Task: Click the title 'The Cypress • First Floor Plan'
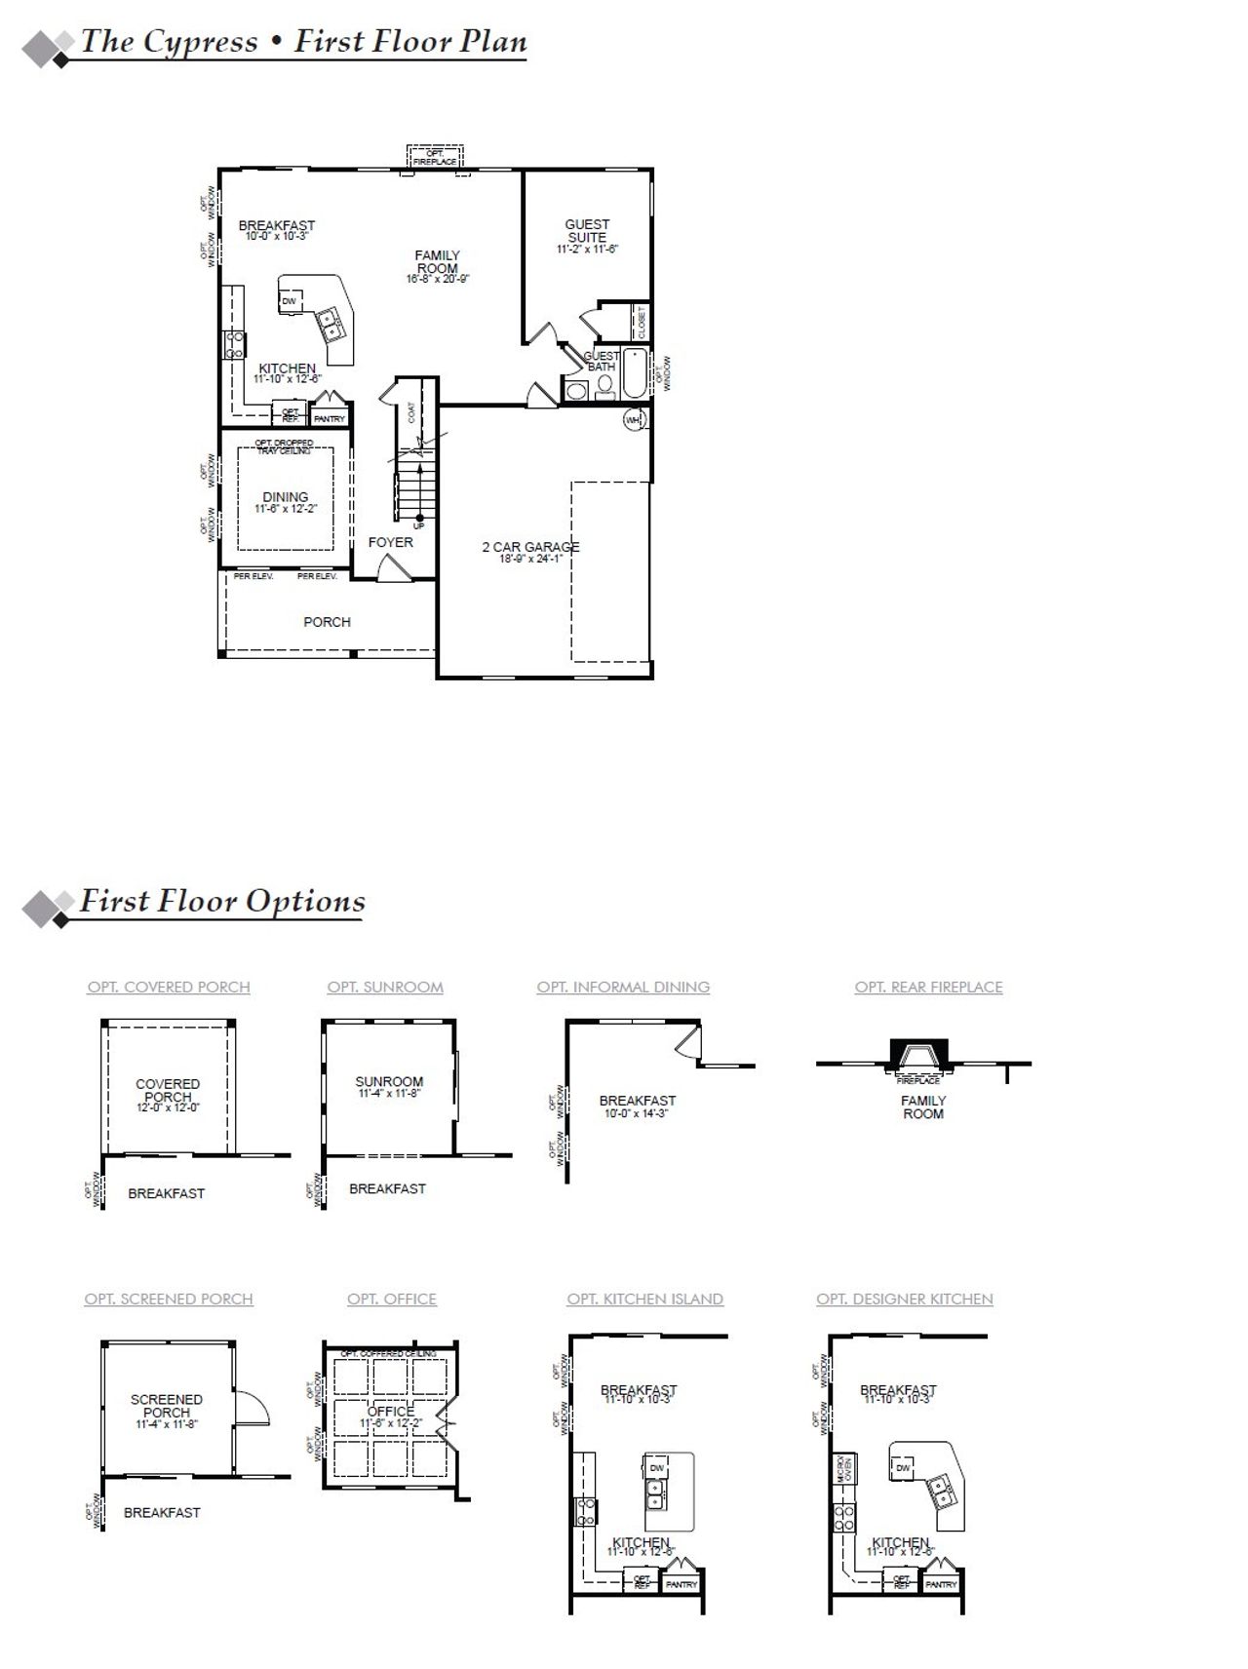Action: [303, 42]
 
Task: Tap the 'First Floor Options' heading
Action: [222, 901]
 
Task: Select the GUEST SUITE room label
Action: [587, 231]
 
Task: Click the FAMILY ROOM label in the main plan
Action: [437, 262]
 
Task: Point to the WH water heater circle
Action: [634, 421]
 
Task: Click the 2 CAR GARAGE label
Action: [530, 547]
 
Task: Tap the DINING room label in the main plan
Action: [285, 497]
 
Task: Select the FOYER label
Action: [390, 542]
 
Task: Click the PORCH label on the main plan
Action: [327, 622]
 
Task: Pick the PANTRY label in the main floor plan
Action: [330, 419]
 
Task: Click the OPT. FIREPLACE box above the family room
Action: [435, 157]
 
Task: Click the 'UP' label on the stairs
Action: [419, 525]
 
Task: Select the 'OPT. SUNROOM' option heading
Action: [385, 988]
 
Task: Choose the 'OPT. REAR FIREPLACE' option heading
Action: [928, 988]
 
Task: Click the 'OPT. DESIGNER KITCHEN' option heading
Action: [905, 1300]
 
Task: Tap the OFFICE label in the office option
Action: [391, 1412]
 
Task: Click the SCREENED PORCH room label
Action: [167, 1406]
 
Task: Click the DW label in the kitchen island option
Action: [656, 1468]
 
